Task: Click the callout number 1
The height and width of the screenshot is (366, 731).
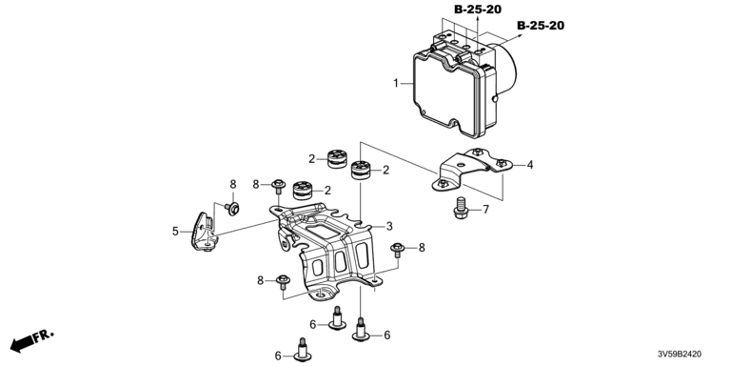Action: point(396,84)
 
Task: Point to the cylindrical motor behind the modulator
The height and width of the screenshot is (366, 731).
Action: point(504,70)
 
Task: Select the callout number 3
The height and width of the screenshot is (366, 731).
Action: point(388,227)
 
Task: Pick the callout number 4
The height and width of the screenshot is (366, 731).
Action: point(530,164)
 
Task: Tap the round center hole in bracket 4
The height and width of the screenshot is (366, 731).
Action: point(460,164)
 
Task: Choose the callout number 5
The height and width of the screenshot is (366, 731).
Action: point(175,231)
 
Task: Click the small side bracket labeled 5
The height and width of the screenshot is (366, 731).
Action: point(205,232)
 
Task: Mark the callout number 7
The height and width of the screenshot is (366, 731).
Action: point(485,210)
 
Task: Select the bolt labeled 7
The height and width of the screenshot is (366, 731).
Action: point(461,209)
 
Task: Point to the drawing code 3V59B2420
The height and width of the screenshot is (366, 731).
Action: point(679,355)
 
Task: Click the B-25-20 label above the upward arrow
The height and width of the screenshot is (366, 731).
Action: point(478,10)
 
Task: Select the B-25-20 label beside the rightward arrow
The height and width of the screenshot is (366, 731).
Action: point(541,25)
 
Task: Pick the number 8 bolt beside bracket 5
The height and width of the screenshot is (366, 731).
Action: point(231,208)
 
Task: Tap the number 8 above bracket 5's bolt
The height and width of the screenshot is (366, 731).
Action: point(233,184)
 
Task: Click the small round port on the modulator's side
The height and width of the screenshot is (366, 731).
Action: point(495,98)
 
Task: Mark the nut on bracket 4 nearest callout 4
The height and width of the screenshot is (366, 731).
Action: point(502,163)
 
